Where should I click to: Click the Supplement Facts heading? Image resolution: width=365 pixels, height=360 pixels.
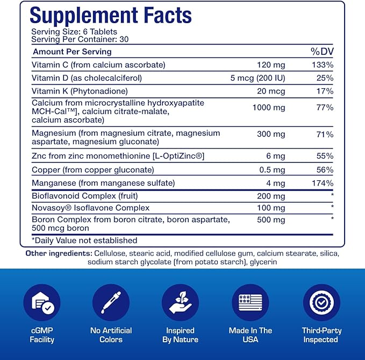coord(111,16)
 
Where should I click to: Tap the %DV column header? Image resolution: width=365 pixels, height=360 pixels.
coord(322,52)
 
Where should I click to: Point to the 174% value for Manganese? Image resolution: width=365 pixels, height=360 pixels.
coord(323,183)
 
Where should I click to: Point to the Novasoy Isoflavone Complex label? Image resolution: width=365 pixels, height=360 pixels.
coord(90,208)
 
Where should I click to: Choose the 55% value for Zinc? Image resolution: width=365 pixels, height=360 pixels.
coord(324,156)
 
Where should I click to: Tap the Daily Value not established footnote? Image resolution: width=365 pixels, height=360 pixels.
coord(84,241)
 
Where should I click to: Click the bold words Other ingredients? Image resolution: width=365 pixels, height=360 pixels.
coord(58,253)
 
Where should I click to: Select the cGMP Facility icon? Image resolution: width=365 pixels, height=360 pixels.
coord(41,302)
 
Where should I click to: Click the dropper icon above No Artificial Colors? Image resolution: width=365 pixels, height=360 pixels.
coord(111,302)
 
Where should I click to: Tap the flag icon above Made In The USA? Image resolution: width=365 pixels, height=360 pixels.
coord(251,302)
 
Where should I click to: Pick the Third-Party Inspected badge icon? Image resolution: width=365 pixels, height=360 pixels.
coord(321,302)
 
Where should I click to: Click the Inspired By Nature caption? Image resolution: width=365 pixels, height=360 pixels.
coord(180,335)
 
